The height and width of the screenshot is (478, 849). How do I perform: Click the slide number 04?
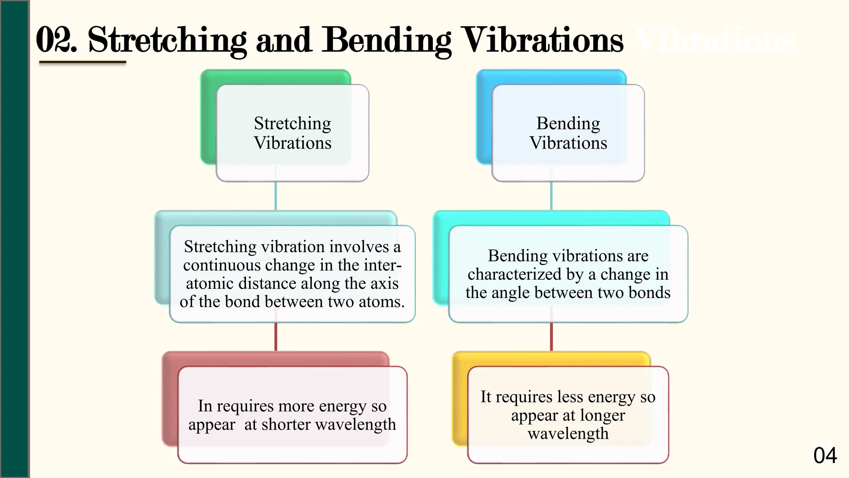click(825, 456)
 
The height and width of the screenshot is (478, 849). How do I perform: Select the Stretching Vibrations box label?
click(292, 133)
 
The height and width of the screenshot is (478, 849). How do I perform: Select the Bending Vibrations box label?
click(568, 133)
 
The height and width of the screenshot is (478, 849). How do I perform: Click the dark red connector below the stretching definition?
click(276, 337)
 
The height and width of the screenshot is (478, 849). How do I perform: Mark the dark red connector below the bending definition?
click(551, 337)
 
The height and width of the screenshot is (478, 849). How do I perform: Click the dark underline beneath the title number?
click(82, 63)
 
